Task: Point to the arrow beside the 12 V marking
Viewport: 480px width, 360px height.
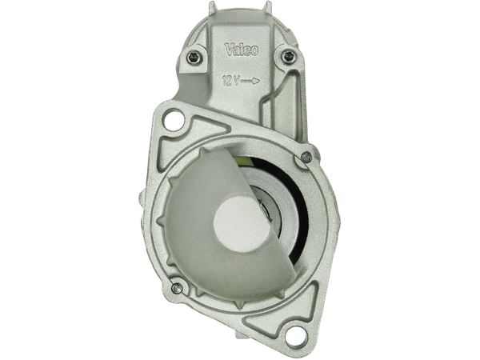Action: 250,81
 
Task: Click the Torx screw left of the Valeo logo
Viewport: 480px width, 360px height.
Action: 193,57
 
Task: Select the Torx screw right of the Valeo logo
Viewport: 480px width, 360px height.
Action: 287,57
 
